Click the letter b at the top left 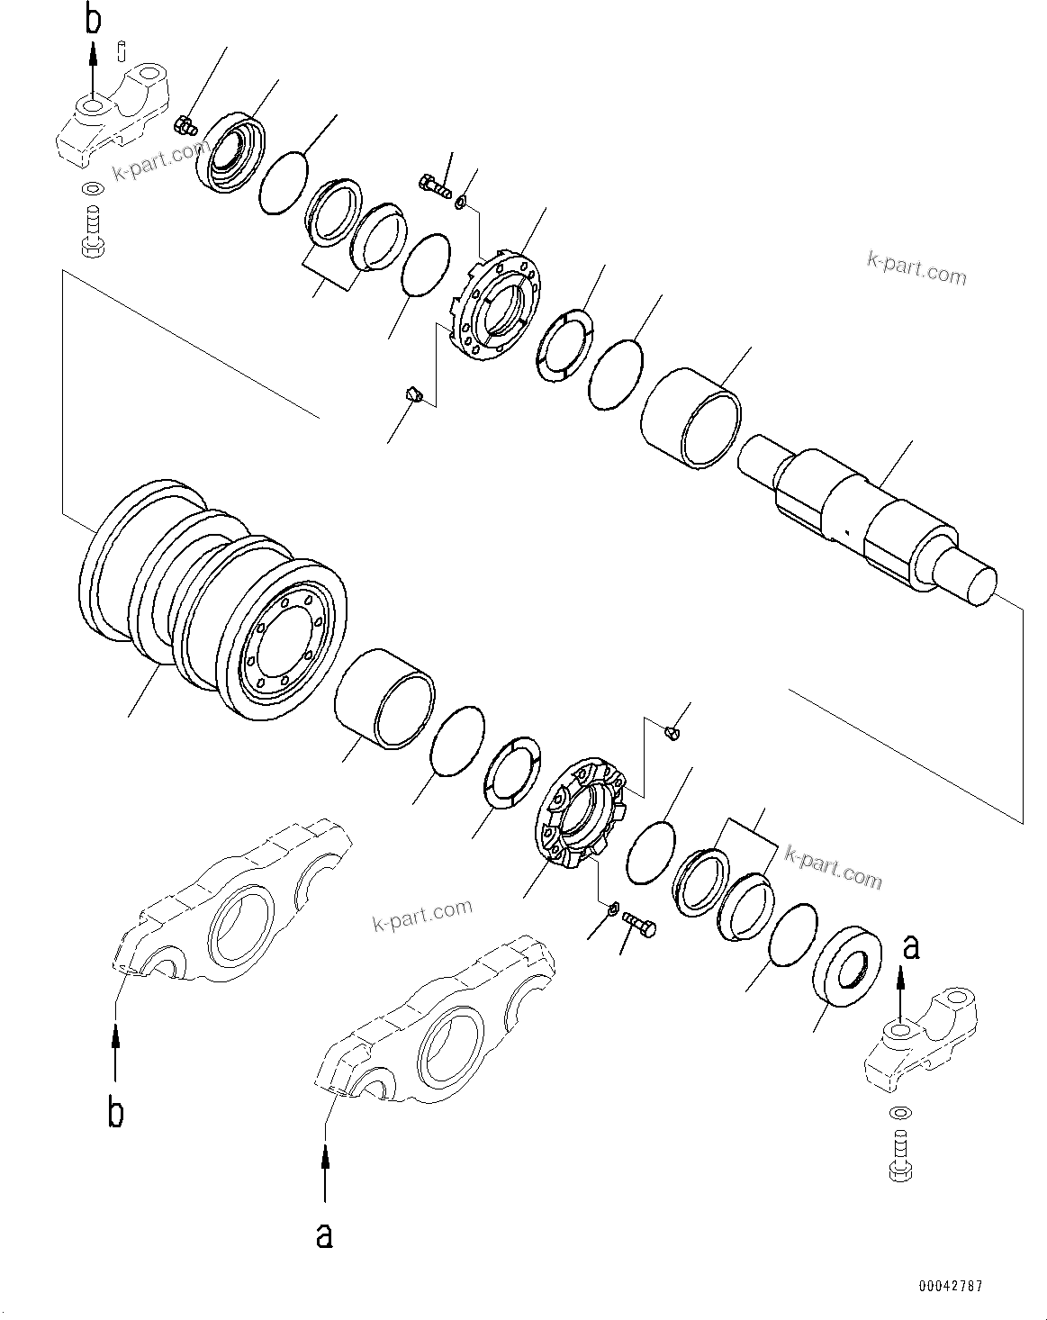pos(93,19)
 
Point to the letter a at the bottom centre pos(324,1234)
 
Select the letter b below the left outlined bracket pos(115,1112)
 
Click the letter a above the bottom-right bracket pos(911,946)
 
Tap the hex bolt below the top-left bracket pos(92,231)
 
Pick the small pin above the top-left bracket pos(122,47)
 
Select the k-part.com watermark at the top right pos(916,268)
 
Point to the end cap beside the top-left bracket pos(230,151)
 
